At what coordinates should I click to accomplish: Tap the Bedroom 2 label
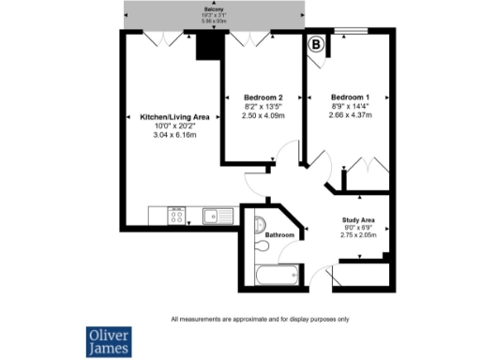pos(262,97)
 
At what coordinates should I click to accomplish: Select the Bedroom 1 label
pos(350,97)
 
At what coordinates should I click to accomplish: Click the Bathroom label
pos(279,234)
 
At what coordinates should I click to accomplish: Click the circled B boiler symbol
pos(316,43)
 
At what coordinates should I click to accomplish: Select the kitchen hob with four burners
pos(175,216)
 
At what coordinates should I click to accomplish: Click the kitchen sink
pos(217,216)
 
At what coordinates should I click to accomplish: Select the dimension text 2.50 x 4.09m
pos(262,115)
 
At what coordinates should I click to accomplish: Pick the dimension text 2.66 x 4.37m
pos(350,115)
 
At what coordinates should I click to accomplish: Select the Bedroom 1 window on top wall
pos(352,33)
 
